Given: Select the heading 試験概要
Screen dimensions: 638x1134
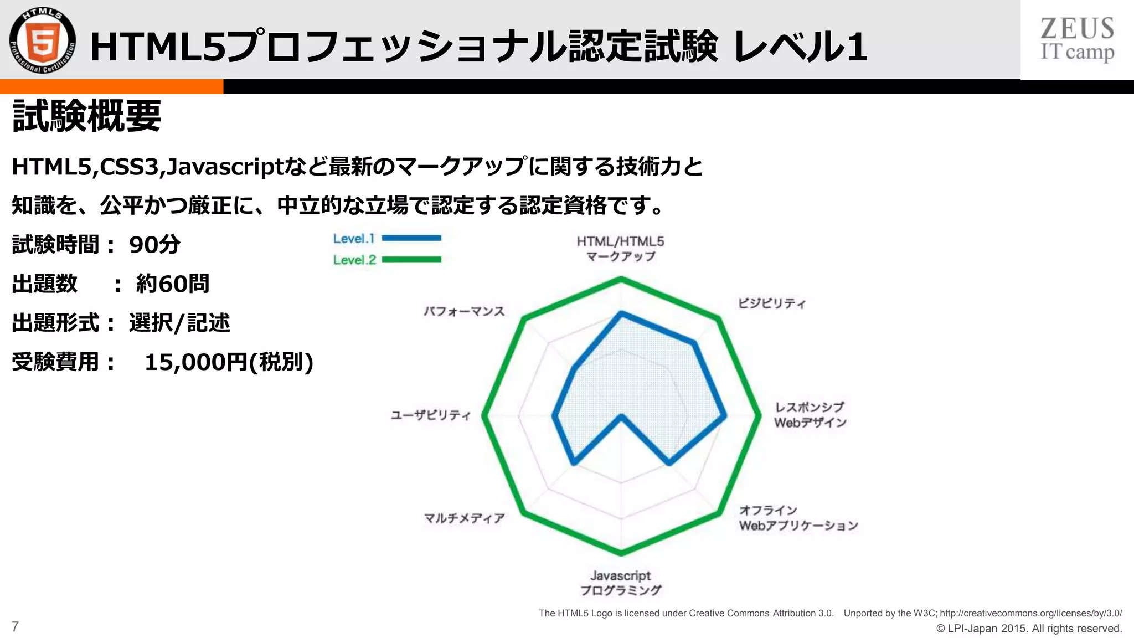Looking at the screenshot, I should (86, 116).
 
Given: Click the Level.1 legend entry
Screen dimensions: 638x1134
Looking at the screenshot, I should (386, 239).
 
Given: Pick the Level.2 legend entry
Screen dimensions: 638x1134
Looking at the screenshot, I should (386, 260).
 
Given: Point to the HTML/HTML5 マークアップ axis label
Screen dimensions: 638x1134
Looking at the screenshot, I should (620, 249).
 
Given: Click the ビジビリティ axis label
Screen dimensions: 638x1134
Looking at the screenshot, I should (772, 303).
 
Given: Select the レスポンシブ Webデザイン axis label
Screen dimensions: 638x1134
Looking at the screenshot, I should (810, 415).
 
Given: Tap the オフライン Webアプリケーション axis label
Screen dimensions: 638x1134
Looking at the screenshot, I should (798, 518).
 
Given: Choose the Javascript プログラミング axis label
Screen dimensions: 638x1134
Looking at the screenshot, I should (620, 583).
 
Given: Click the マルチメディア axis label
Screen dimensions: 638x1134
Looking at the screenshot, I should (465, 518).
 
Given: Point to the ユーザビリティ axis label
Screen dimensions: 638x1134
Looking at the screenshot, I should (431, 415).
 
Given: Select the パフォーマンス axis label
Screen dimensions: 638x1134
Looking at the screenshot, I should (465, 311).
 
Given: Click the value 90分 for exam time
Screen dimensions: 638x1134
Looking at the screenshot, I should (154, 245).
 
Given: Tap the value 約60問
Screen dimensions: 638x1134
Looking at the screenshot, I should (173, 284).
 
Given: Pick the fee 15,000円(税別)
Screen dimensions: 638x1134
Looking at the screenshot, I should (229, 362).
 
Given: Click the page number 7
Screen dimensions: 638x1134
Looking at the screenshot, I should (15, 627).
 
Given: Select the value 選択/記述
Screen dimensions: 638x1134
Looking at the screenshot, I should (179, 323).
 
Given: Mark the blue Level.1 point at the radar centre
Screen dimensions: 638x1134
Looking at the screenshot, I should (621, 416).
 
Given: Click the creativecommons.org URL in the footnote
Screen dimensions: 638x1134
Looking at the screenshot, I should (1030, 613).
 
